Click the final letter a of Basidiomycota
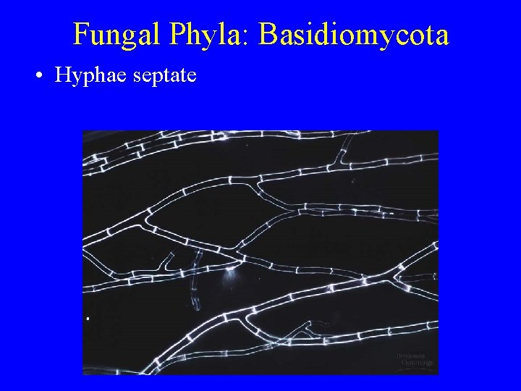(x=441, y=38)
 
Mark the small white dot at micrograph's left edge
(x=87, y=318)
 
